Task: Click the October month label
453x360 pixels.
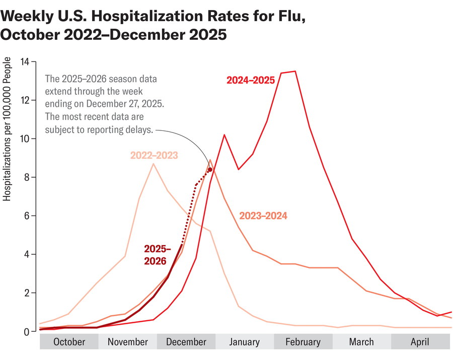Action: pos(69,342)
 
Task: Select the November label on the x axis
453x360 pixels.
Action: pos(128,342)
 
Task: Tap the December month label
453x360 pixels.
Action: pos(186,342)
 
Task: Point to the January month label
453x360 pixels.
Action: pos(245,342)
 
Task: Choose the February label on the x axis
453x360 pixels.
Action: pos(303,342)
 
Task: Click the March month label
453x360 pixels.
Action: pos(361,342)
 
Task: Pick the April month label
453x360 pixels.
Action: pos(420,342)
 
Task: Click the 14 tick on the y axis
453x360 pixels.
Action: pos(25,62)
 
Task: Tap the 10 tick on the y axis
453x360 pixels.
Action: pos(25,139)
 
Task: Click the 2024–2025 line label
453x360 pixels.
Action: pos(250,80)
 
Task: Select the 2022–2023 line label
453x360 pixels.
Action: pos(154,156)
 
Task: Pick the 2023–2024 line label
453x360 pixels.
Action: pos(263,216)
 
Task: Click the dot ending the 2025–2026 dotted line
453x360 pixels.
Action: pos(210,170)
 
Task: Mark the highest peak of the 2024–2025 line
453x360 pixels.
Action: pos(295,71)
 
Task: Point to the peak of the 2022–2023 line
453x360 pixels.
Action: pos(154,164)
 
